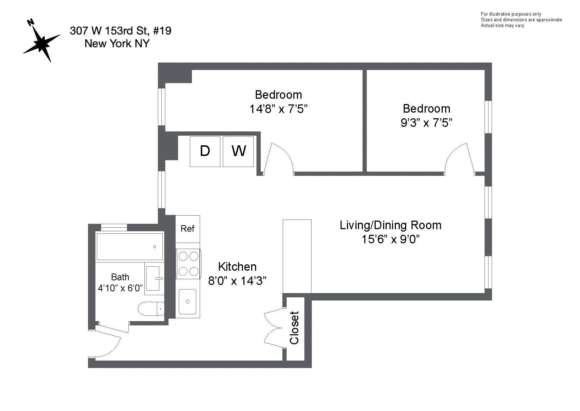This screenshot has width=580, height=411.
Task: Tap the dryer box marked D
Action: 205,151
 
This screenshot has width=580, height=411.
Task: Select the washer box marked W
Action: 238,151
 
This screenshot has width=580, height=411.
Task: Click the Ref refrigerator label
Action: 187,229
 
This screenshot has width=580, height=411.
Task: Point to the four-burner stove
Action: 188,264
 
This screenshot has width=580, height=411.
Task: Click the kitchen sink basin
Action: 187,302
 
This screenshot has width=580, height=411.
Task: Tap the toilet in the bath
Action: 151,309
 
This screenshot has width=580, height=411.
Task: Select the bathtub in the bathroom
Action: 129,247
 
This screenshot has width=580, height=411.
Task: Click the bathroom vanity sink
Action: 154,278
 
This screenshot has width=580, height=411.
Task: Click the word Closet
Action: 294,328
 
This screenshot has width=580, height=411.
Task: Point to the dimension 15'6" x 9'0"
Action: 390,239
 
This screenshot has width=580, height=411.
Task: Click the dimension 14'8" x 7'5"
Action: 278,109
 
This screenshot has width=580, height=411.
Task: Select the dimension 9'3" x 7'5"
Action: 426,123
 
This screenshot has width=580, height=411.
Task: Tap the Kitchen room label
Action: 237,266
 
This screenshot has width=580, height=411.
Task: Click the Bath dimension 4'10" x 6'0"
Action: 120,288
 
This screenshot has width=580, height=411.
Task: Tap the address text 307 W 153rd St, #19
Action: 121,31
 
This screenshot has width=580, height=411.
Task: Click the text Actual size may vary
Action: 502,26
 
